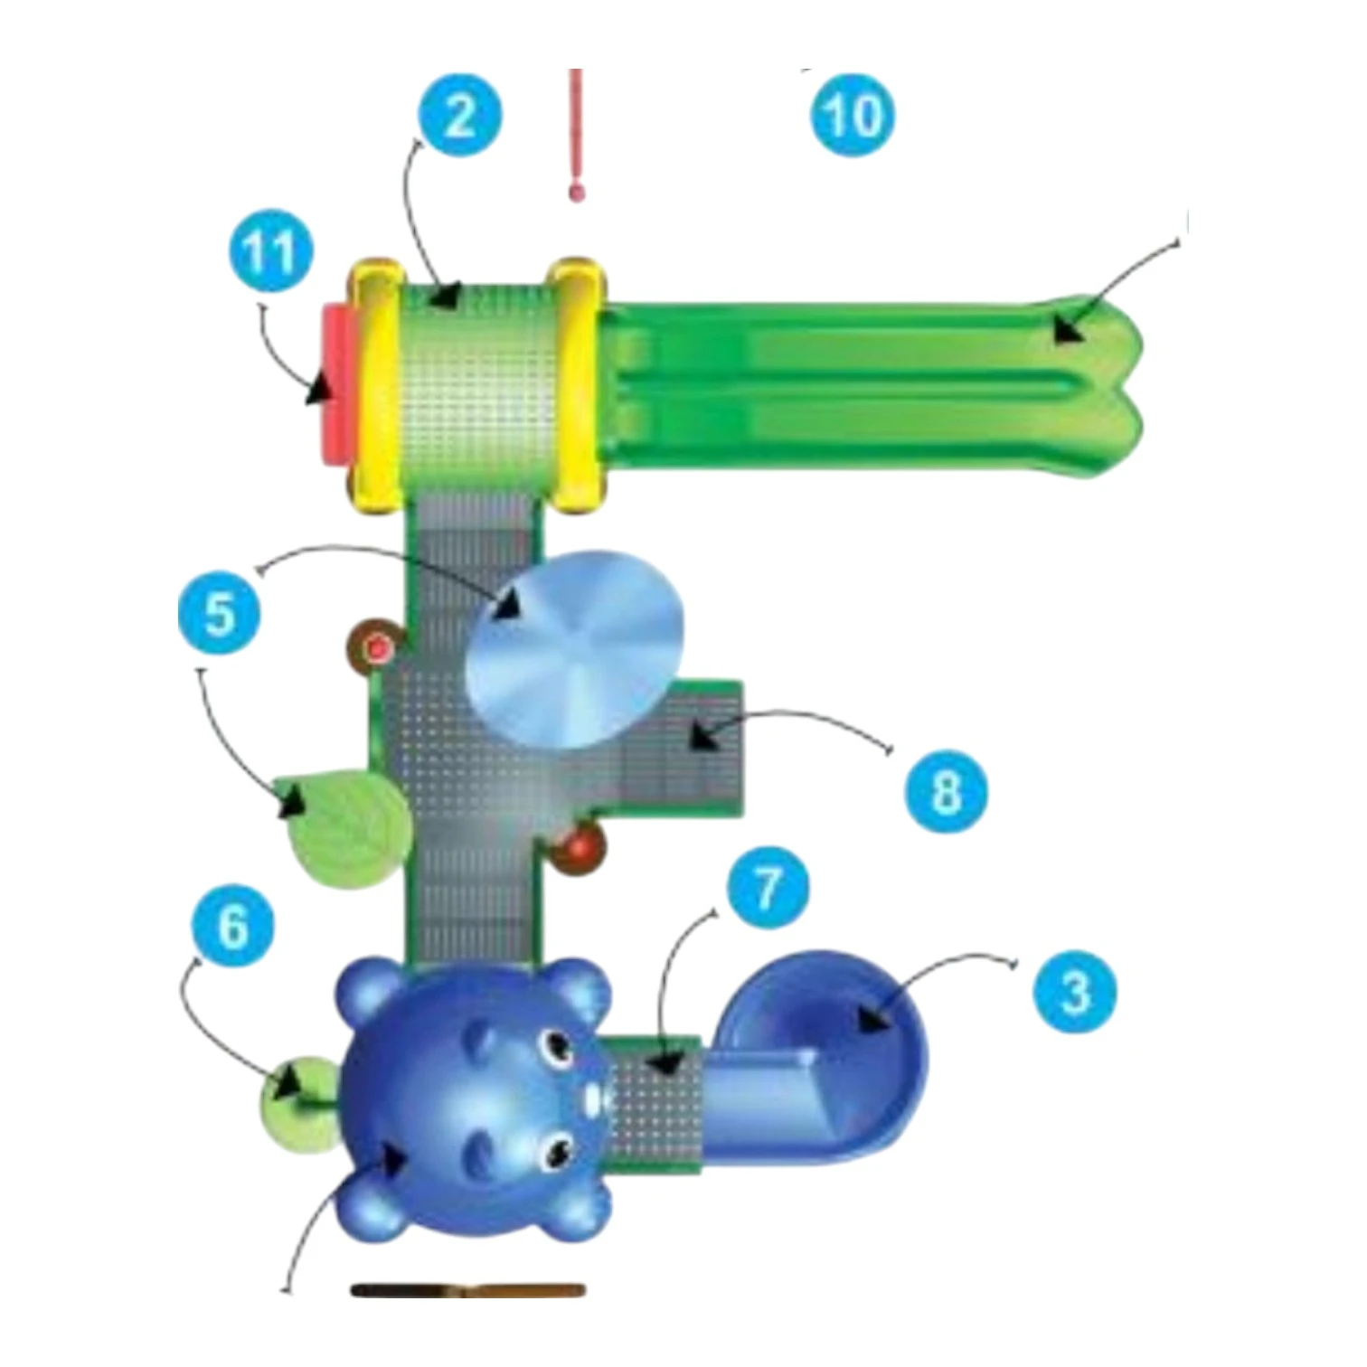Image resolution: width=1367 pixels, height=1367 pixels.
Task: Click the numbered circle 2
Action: (x=459, y=116)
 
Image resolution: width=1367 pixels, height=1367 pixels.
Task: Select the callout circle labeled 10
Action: (x=853, y=115)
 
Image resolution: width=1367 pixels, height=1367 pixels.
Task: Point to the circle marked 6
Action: (x=232, y=926)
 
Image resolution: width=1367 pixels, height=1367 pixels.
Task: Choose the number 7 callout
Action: (x=767, y=887)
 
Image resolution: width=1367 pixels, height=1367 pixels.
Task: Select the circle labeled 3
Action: (x=1074, y=992)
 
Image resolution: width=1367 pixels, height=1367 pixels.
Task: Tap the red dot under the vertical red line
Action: (x=575, y=192)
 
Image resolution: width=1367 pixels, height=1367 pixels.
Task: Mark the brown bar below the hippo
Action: (x=467, y=1290)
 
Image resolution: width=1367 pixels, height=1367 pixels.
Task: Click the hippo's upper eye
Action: (x=552, y=1047)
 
